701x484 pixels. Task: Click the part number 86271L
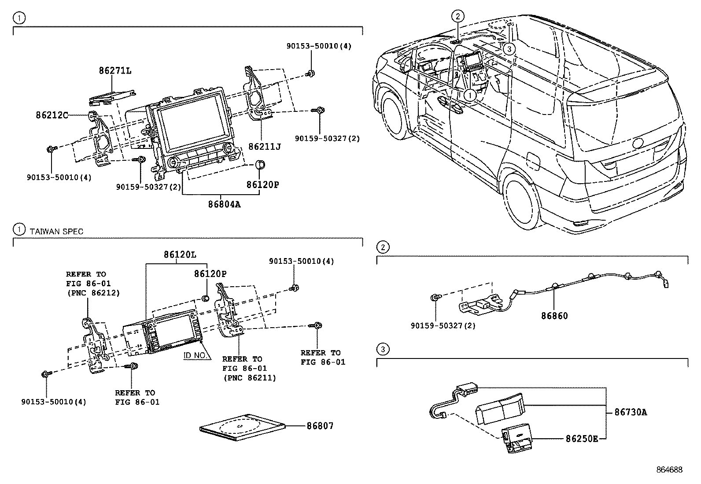[x=114, y=70]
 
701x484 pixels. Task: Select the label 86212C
[x=52, y=115]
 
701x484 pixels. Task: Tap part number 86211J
[x=264, y=146]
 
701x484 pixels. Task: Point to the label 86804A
[x=225, y=204]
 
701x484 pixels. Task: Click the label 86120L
[x=180, y=255]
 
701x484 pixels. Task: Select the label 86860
[x=554, y=316]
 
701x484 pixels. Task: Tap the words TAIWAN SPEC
[x=56, y=231]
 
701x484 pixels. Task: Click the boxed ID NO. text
[x=196, y=355]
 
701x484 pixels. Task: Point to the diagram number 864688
[x=670, y=470]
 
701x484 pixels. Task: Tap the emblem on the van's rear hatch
[x=638, y=144]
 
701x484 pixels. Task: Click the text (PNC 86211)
[x=249, y=377]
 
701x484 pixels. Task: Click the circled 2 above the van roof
[x=457, y=17]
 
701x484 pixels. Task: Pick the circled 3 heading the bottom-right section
[x=383, y=350]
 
